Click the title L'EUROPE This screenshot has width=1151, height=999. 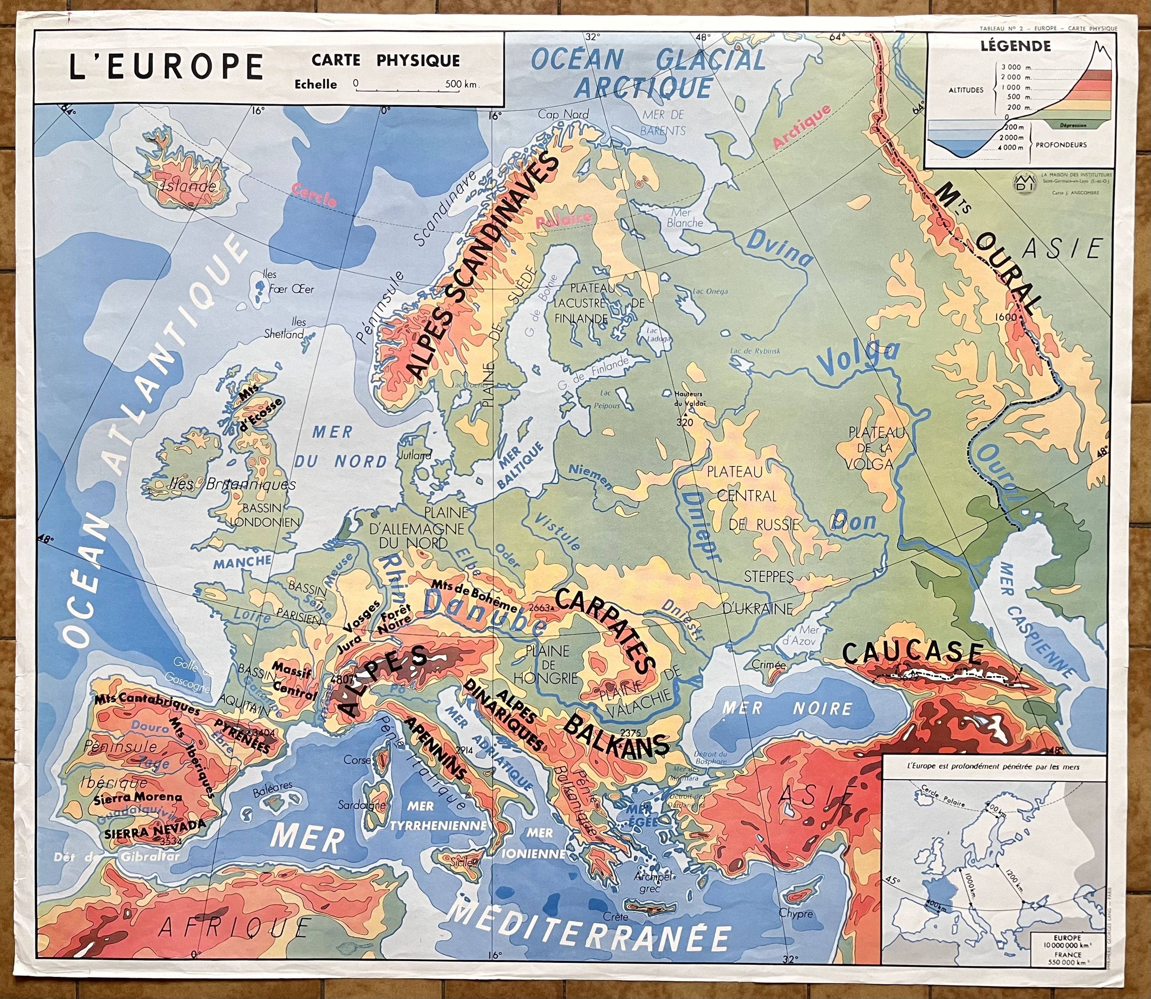tap(165, 67)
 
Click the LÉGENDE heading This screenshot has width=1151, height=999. tap(1016, 46)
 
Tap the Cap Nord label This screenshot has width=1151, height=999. tap(563, 114)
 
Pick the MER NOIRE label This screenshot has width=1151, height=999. tap(787, 709)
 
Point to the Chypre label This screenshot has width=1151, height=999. tap(795, 914)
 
